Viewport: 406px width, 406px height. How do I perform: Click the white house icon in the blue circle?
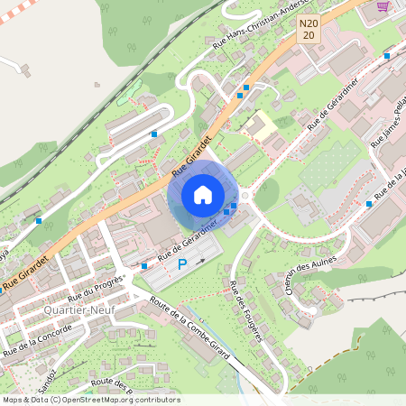point(202,195)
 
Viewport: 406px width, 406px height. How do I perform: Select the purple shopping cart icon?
point(383,6)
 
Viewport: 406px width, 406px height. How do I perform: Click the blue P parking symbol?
point(182,264)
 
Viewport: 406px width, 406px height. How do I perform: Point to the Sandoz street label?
point(52,374)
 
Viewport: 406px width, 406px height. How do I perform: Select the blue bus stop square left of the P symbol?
point(144,266)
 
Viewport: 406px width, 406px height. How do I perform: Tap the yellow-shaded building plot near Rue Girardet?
point(263,127)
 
